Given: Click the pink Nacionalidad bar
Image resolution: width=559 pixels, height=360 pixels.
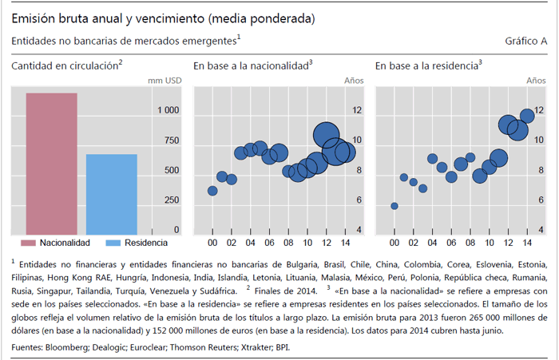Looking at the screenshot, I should tap(51, 163).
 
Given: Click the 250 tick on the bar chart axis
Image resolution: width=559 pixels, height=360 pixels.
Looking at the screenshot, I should tap(172, 200).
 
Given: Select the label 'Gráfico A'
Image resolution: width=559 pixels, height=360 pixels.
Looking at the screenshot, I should tap(526, 40).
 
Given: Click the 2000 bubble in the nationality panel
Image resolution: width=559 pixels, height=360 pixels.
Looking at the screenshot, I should tap(212, 191).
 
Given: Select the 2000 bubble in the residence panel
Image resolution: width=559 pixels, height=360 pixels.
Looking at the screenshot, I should tap(394, 206).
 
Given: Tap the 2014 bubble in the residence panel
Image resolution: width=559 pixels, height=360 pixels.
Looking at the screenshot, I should tap(527, 116).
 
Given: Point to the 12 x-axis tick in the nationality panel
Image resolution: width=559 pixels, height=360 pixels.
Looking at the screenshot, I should tap(327, 243).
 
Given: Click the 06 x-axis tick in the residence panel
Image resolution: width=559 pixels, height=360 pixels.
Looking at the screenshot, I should tap(451, 243).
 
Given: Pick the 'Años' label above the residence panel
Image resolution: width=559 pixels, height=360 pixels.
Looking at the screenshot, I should tap(536, 81).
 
